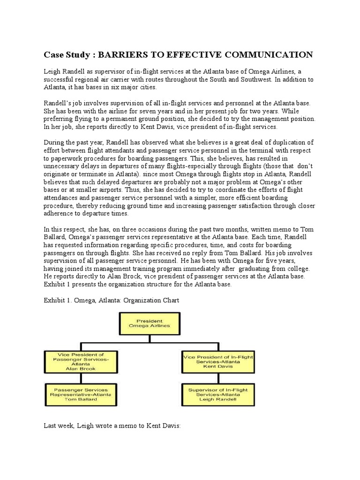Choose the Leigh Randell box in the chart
(x=217, y=395)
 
